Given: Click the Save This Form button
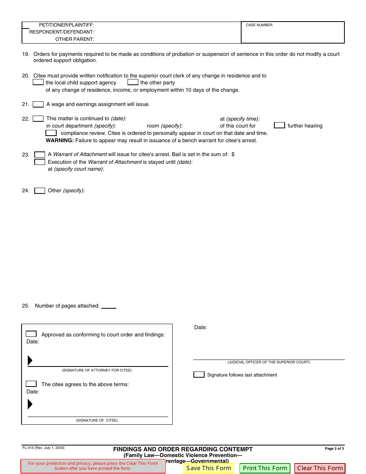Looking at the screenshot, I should point(208,468).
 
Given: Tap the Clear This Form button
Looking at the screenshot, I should point(320,468).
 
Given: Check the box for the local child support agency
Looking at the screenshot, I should point(38,82).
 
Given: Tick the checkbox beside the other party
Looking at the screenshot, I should point(133,82).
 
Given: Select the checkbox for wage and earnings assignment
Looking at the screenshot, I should point(38,104).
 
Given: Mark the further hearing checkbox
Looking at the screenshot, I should point(279,126).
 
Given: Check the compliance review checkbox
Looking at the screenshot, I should point(51,133).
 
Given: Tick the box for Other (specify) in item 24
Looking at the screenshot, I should point(40,191).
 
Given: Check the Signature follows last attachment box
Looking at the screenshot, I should point(199,375).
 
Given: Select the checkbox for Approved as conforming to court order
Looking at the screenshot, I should point(31,334).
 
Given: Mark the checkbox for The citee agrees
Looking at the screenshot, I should point(31,384).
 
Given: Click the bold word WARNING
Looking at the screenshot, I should point(60,140).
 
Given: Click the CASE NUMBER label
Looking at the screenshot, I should point(259,25).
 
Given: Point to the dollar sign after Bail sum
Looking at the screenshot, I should point(233,154).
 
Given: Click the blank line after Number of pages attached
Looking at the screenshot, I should point(109,306).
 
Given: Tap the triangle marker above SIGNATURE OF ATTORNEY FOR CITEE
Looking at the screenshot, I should point(30,360).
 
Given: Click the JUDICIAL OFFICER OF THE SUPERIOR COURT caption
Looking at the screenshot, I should point(269,362).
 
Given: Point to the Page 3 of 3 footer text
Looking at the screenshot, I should point(334,449).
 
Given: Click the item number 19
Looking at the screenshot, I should point(25,54).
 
